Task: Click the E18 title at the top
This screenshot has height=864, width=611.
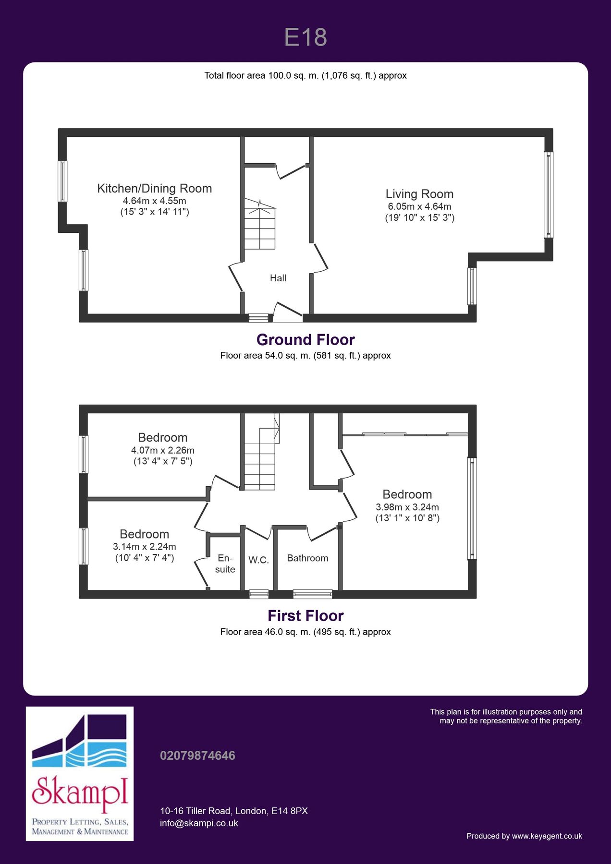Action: [x=305, y=37]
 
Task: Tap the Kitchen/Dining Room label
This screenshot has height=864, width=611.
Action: [x=154, y=189]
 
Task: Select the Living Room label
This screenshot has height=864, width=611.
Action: [x=419, y=194]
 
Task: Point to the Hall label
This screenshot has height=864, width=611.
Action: [x=278, y=278]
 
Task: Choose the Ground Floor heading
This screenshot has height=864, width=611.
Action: [x=305, y=340]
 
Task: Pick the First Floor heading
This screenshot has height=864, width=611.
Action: [x=305, y=616]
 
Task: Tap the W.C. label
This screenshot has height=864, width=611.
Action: [x=258, y=560]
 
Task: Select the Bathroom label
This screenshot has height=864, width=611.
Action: [x=307, y=558]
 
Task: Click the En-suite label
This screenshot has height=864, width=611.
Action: [x=225, y=564]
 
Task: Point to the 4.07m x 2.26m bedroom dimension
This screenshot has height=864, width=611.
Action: [x=163, y=450]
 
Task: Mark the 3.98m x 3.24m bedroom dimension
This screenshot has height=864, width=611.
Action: [x=407, y=507]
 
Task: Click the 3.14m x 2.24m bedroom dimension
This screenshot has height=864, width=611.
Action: [x=145, y=547]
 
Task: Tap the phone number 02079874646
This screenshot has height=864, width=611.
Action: [x=197, y=756]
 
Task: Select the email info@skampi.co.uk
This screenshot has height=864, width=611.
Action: [x=199, y=823]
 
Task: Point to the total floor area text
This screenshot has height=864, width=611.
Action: [x=305, y=75]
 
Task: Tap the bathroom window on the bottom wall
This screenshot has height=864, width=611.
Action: [x=313, y=594]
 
